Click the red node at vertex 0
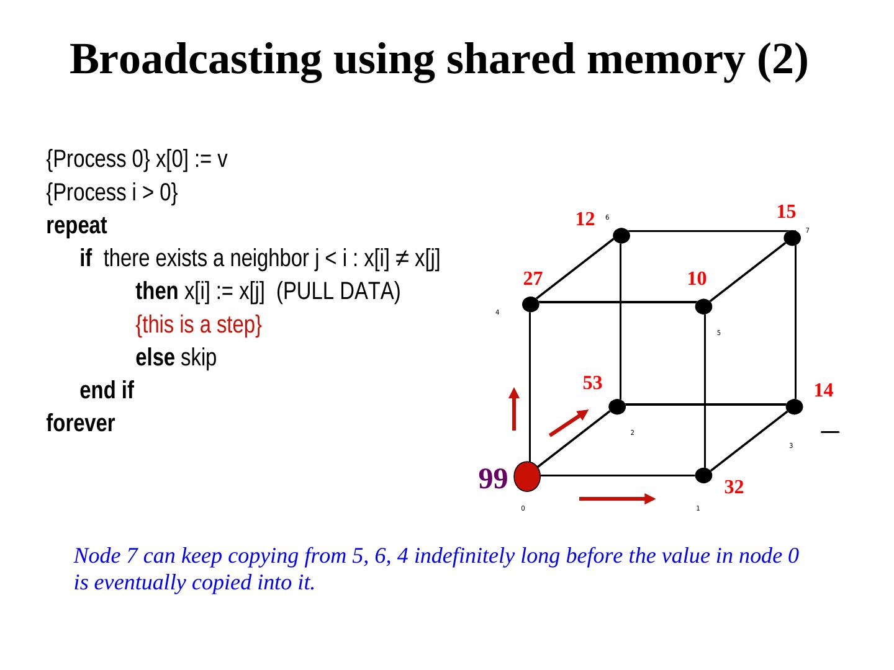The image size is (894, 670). tap(527, 476)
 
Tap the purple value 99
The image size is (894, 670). tap(493, 478)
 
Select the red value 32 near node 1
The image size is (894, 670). tap(734, 488)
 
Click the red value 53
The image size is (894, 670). tap(592, 383)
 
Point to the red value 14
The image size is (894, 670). tap(823, 390)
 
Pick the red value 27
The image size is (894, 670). tap(533, 279)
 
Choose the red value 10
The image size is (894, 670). tap(697, 279)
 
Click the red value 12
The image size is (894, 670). tap(585, 219)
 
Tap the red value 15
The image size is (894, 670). tap(786, 212)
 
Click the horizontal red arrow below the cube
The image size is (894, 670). tap(617, 499)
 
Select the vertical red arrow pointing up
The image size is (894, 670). tap(514, 409)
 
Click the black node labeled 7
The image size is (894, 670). tap(792, 238)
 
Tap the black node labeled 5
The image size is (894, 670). tap(703, 306)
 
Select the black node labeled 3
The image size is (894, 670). tap(794, 407)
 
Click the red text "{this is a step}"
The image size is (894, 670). tap(199, 324)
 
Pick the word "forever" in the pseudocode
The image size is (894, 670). tap(81, 424)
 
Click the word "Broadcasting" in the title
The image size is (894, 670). tap(196, 60)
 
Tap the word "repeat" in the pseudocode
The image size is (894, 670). tap(76, 226)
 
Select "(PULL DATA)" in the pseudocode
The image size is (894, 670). tap(338, 292)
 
